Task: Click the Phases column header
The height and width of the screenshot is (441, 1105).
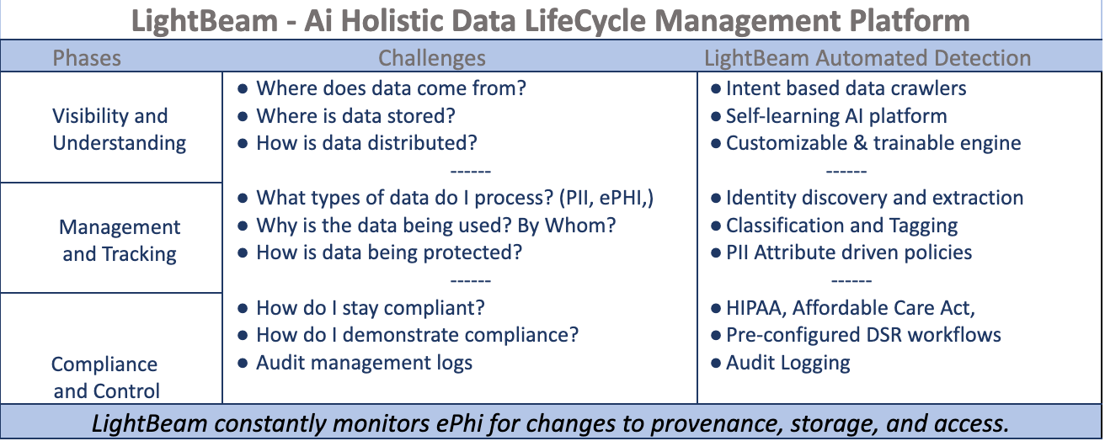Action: [x=87, y=58]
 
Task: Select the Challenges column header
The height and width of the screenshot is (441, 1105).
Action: [x=431, y=58]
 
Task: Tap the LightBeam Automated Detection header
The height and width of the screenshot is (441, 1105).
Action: [x=867, y=58]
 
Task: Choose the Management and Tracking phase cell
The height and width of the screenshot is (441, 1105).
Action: [x=119, y=240]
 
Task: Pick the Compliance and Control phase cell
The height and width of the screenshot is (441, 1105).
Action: [x=105, y=377]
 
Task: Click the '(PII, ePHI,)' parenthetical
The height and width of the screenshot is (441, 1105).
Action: [x=602, y=198]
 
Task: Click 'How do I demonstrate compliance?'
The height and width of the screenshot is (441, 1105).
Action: [x=417, y=335]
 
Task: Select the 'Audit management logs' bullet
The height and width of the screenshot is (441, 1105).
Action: [x=364, y=363]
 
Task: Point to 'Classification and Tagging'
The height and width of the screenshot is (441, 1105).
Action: [x=841, y=226]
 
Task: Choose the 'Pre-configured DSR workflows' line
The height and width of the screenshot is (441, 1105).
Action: [x=863, y=335]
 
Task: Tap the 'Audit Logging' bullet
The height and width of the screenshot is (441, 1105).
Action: [x=787, y=363]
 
